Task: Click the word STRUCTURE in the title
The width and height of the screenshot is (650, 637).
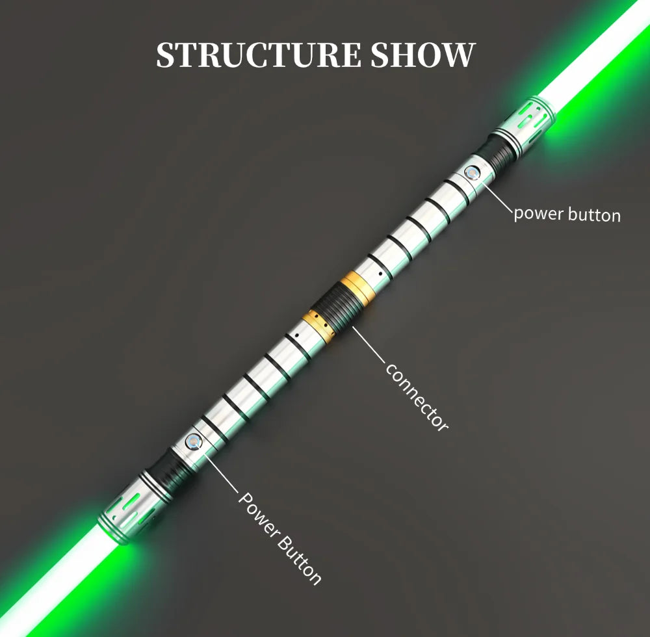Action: [259, 55]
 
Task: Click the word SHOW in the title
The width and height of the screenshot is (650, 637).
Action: [422, 55]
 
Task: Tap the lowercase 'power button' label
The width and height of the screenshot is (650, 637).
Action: [567, 214]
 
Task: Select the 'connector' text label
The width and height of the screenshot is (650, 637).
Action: [417, 396]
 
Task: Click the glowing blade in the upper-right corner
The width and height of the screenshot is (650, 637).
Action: [598, 52]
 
